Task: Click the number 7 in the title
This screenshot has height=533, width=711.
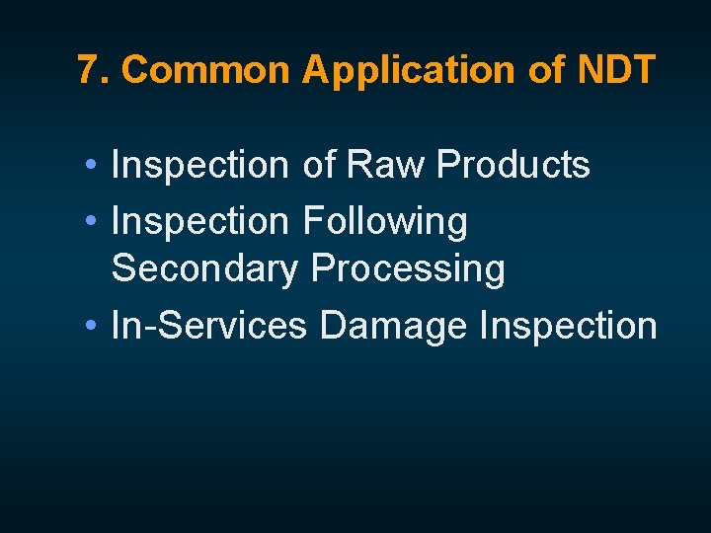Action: click(x=88, y=70)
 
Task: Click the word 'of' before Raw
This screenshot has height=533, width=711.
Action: click(x=319, y=165)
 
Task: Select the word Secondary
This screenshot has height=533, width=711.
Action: click(x=204, y=268)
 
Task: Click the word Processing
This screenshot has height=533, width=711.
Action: click(x=407, y=269)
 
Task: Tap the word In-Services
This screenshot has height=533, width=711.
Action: click(x=209, y=324)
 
